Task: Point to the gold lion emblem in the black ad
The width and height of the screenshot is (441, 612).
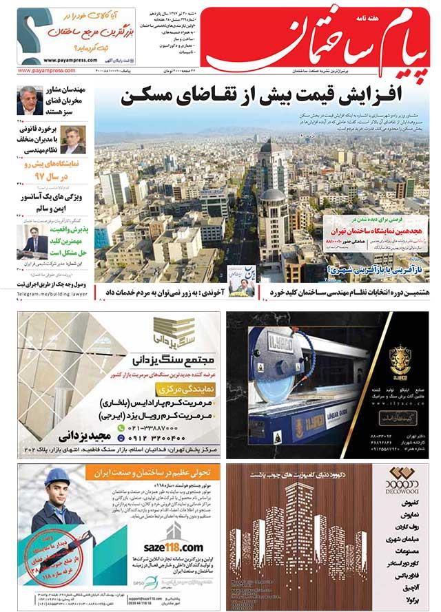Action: click(x=400, y=361)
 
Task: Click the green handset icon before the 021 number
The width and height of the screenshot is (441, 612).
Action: click(x=121, y=427)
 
